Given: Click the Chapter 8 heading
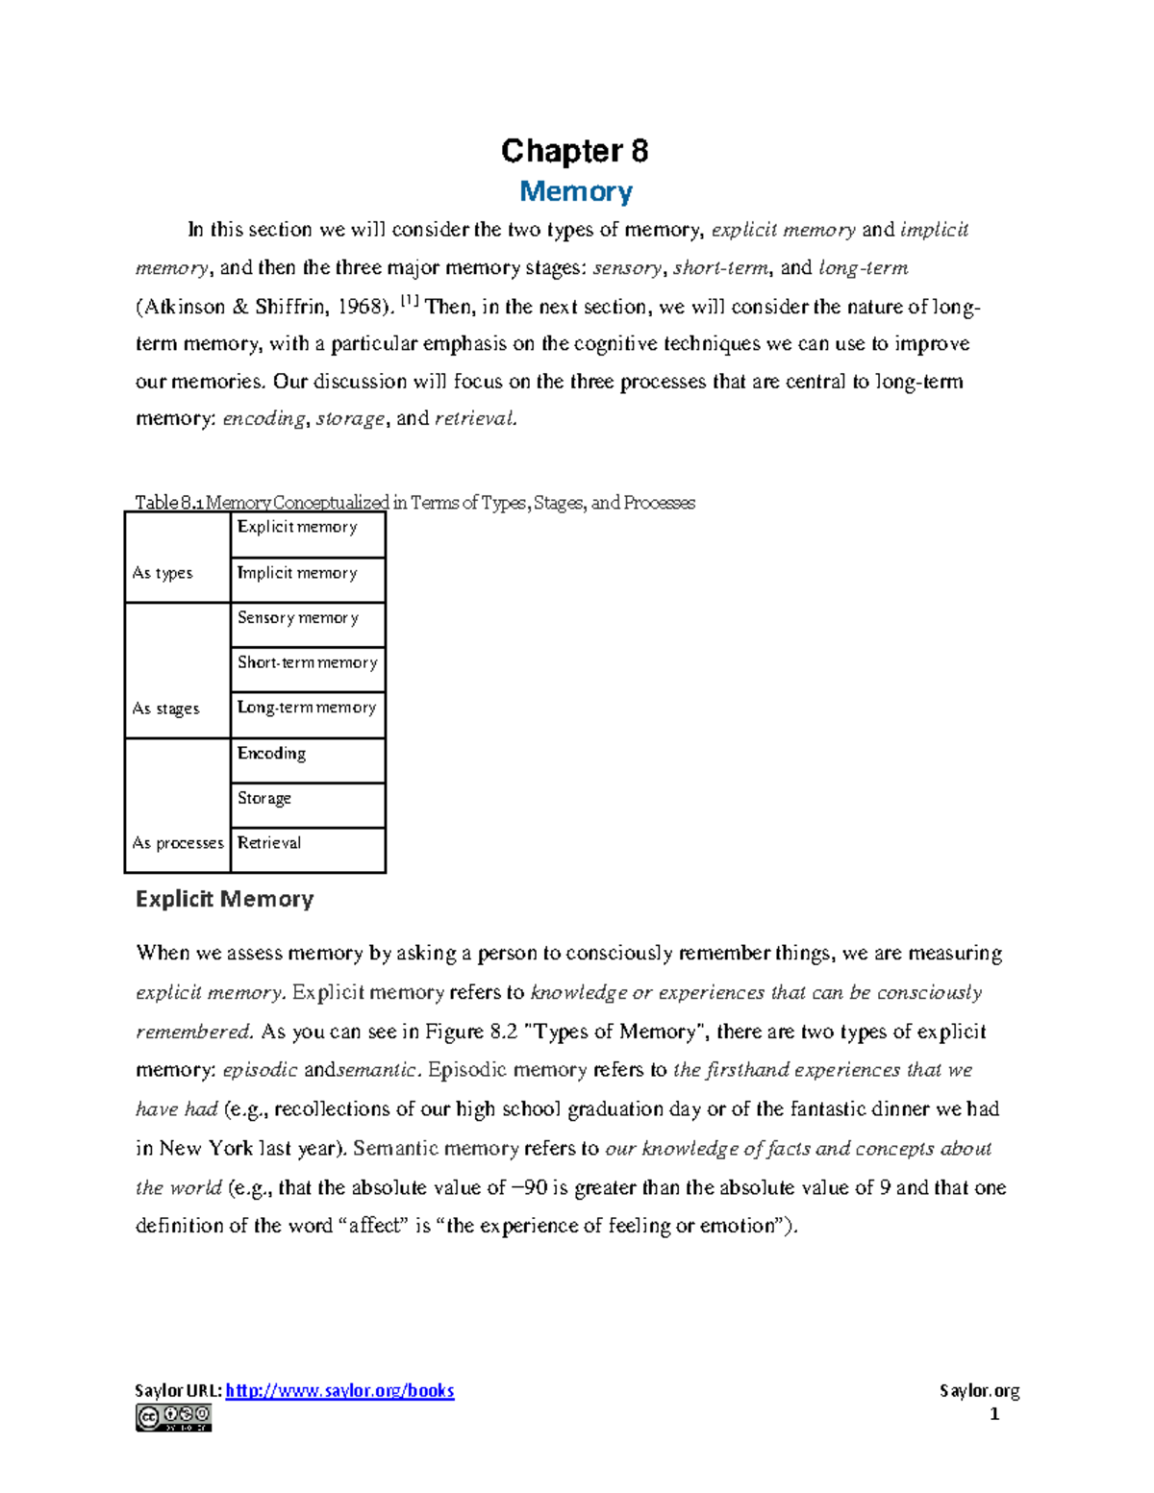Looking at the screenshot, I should [x=574, y=151].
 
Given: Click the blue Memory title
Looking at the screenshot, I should [x=575, y=191].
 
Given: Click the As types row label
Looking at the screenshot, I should [x=163, y=573].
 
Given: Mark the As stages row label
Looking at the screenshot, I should [x=165, y=709].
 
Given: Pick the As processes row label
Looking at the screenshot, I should [x=178, y=843].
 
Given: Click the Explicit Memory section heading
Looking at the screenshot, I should [x=224, y=899].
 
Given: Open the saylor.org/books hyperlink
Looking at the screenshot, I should [x=339, y=1390].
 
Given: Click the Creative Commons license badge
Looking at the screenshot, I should [x=173, y=1417].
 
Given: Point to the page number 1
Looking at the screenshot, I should [x=994, y=1414].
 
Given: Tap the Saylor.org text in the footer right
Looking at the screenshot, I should [x=979, y=1390].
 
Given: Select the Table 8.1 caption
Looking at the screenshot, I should [x=414, y=502].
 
